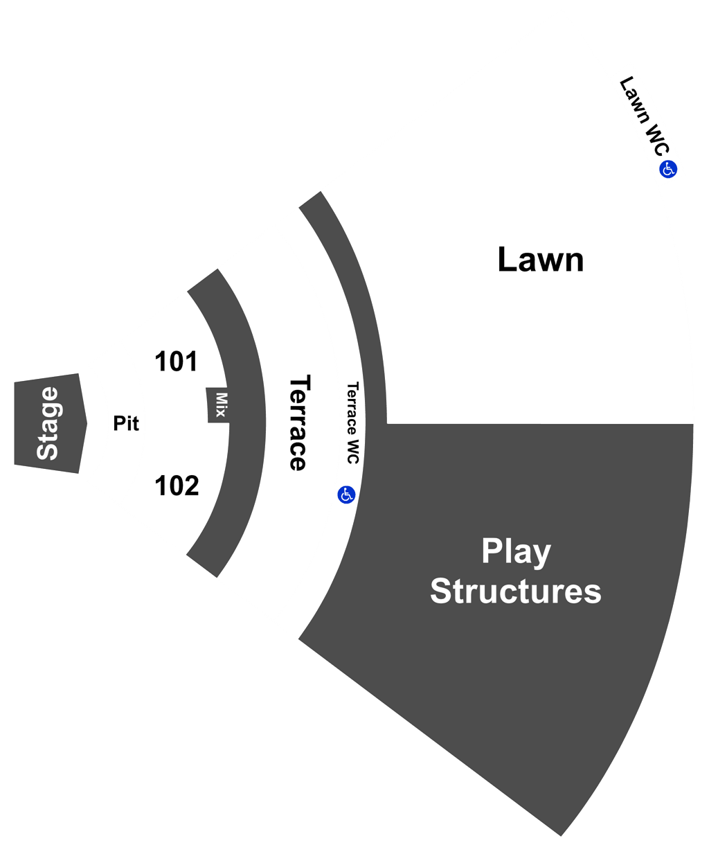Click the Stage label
pos(47,423)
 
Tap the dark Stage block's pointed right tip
pos(87,423)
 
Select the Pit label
pos(126,423)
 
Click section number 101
pos(176,362)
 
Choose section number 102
pos(177,486)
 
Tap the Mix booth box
pos(217,404)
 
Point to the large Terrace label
pos(300,423)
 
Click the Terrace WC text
pos(352,423)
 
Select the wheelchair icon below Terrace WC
pos(346,495)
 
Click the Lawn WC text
pos(645,116)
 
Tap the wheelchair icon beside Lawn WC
pos(667,169)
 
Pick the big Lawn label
pos(540,260)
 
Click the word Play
pos(516,551)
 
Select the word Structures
pos(515,591)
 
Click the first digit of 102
pos(159,486)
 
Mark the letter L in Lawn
pos(506,259)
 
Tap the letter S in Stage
pos(47,452)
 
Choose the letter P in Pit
pos(119,423)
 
